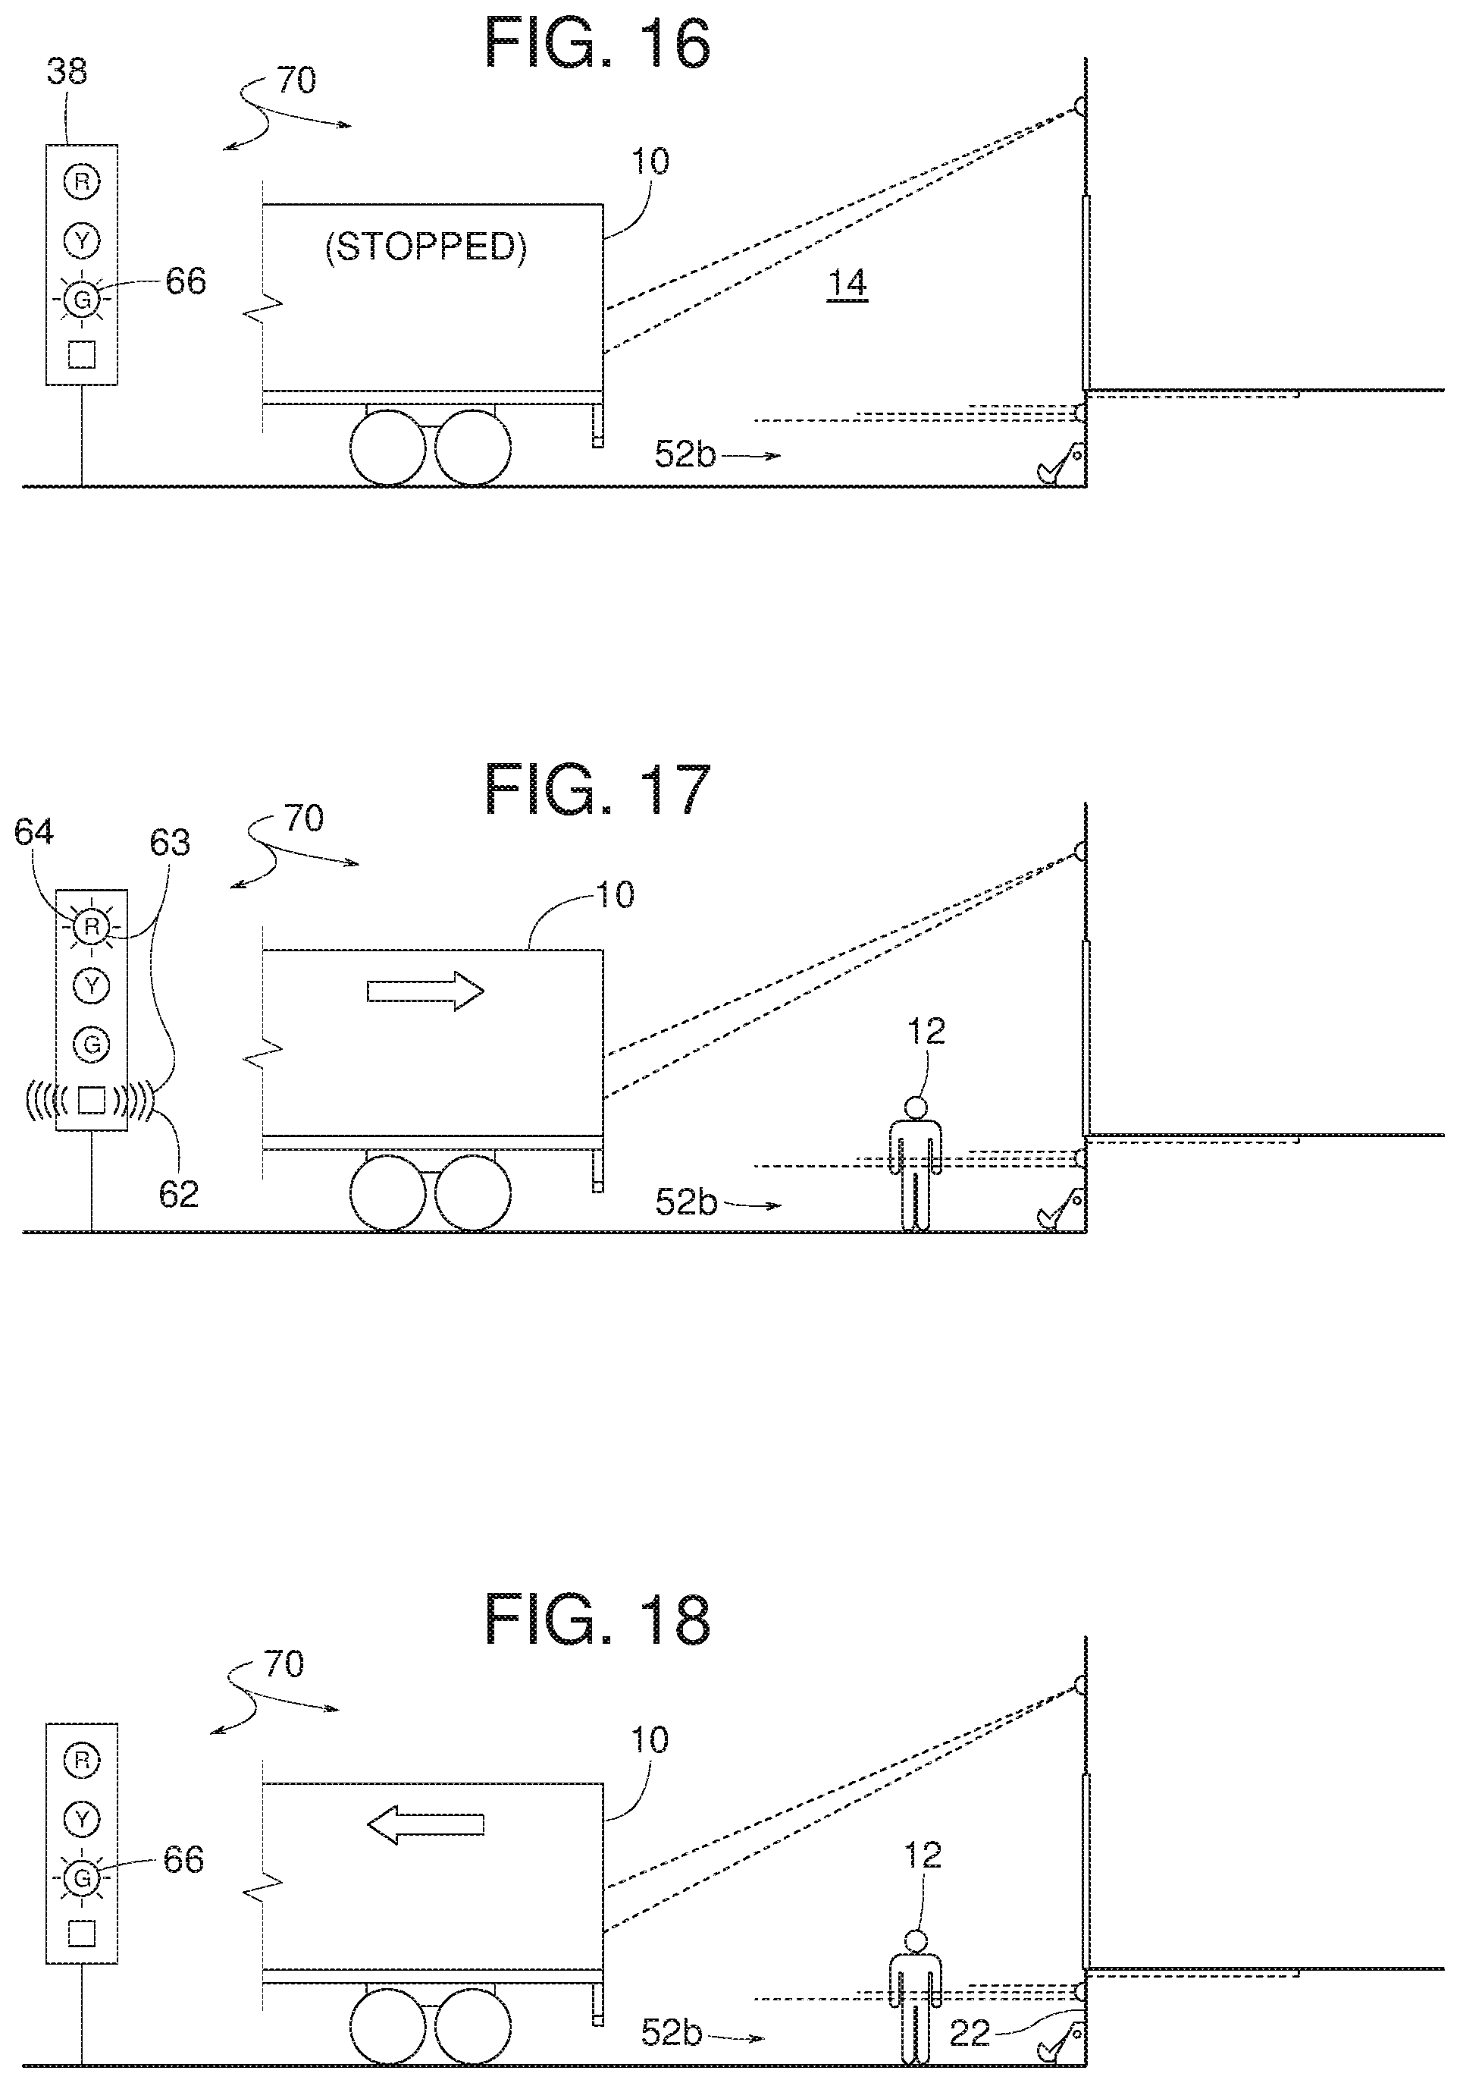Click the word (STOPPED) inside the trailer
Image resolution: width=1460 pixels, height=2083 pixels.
[x=425, y=247]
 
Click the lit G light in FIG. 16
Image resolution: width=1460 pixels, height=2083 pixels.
[x=82, y=298]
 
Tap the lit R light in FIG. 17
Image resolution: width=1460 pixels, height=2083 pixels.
[x=91, y=926]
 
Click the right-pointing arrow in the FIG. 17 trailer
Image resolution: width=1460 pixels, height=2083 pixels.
[x=425, y=991]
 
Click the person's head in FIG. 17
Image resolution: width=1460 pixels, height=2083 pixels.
[x=916, y=1107]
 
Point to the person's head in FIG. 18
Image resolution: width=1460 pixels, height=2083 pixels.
[x=916, y=1940]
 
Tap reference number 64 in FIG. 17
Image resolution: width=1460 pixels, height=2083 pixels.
[x=33, y=832]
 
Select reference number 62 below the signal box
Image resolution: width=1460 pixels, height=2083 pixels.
[x=179, y=1194]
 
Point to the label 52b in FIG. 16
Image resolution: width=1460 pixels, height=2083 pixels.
[x=685, y=454]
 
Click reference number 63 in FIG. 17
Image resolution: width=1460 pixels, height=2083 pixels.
[x=170, y=844]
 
